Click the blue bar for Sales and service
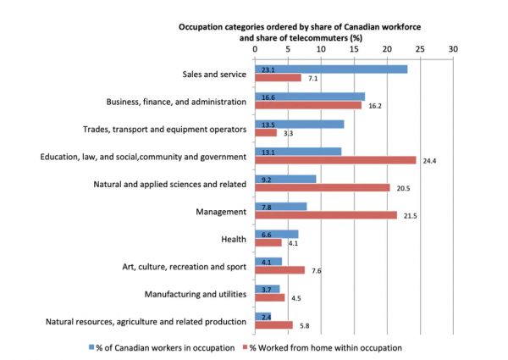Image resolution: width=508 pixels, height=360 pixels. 330,69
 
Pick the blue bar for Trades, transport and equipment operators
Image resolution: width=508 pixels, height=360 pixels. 299,124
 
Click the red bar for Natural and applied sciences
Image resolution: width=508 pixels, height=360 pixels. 322,187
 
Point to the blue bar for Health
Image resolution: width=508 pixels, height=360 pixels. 276,233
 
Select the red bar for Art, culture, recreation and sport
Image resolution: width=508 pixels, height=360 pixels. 279,269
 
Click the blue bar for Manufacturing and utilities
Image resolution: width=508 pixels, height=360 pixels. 267,289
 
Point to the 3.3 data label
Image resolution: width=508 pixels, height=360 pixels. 289,133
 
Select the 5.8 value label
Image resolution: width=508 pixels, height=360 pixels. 305,325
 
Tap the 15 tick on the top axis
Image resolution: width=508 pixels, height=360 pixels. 354,48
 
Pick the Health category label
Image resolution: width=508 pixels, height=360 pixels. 233,238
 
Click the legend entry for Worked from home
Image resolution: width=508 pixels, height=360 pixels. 328,347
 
